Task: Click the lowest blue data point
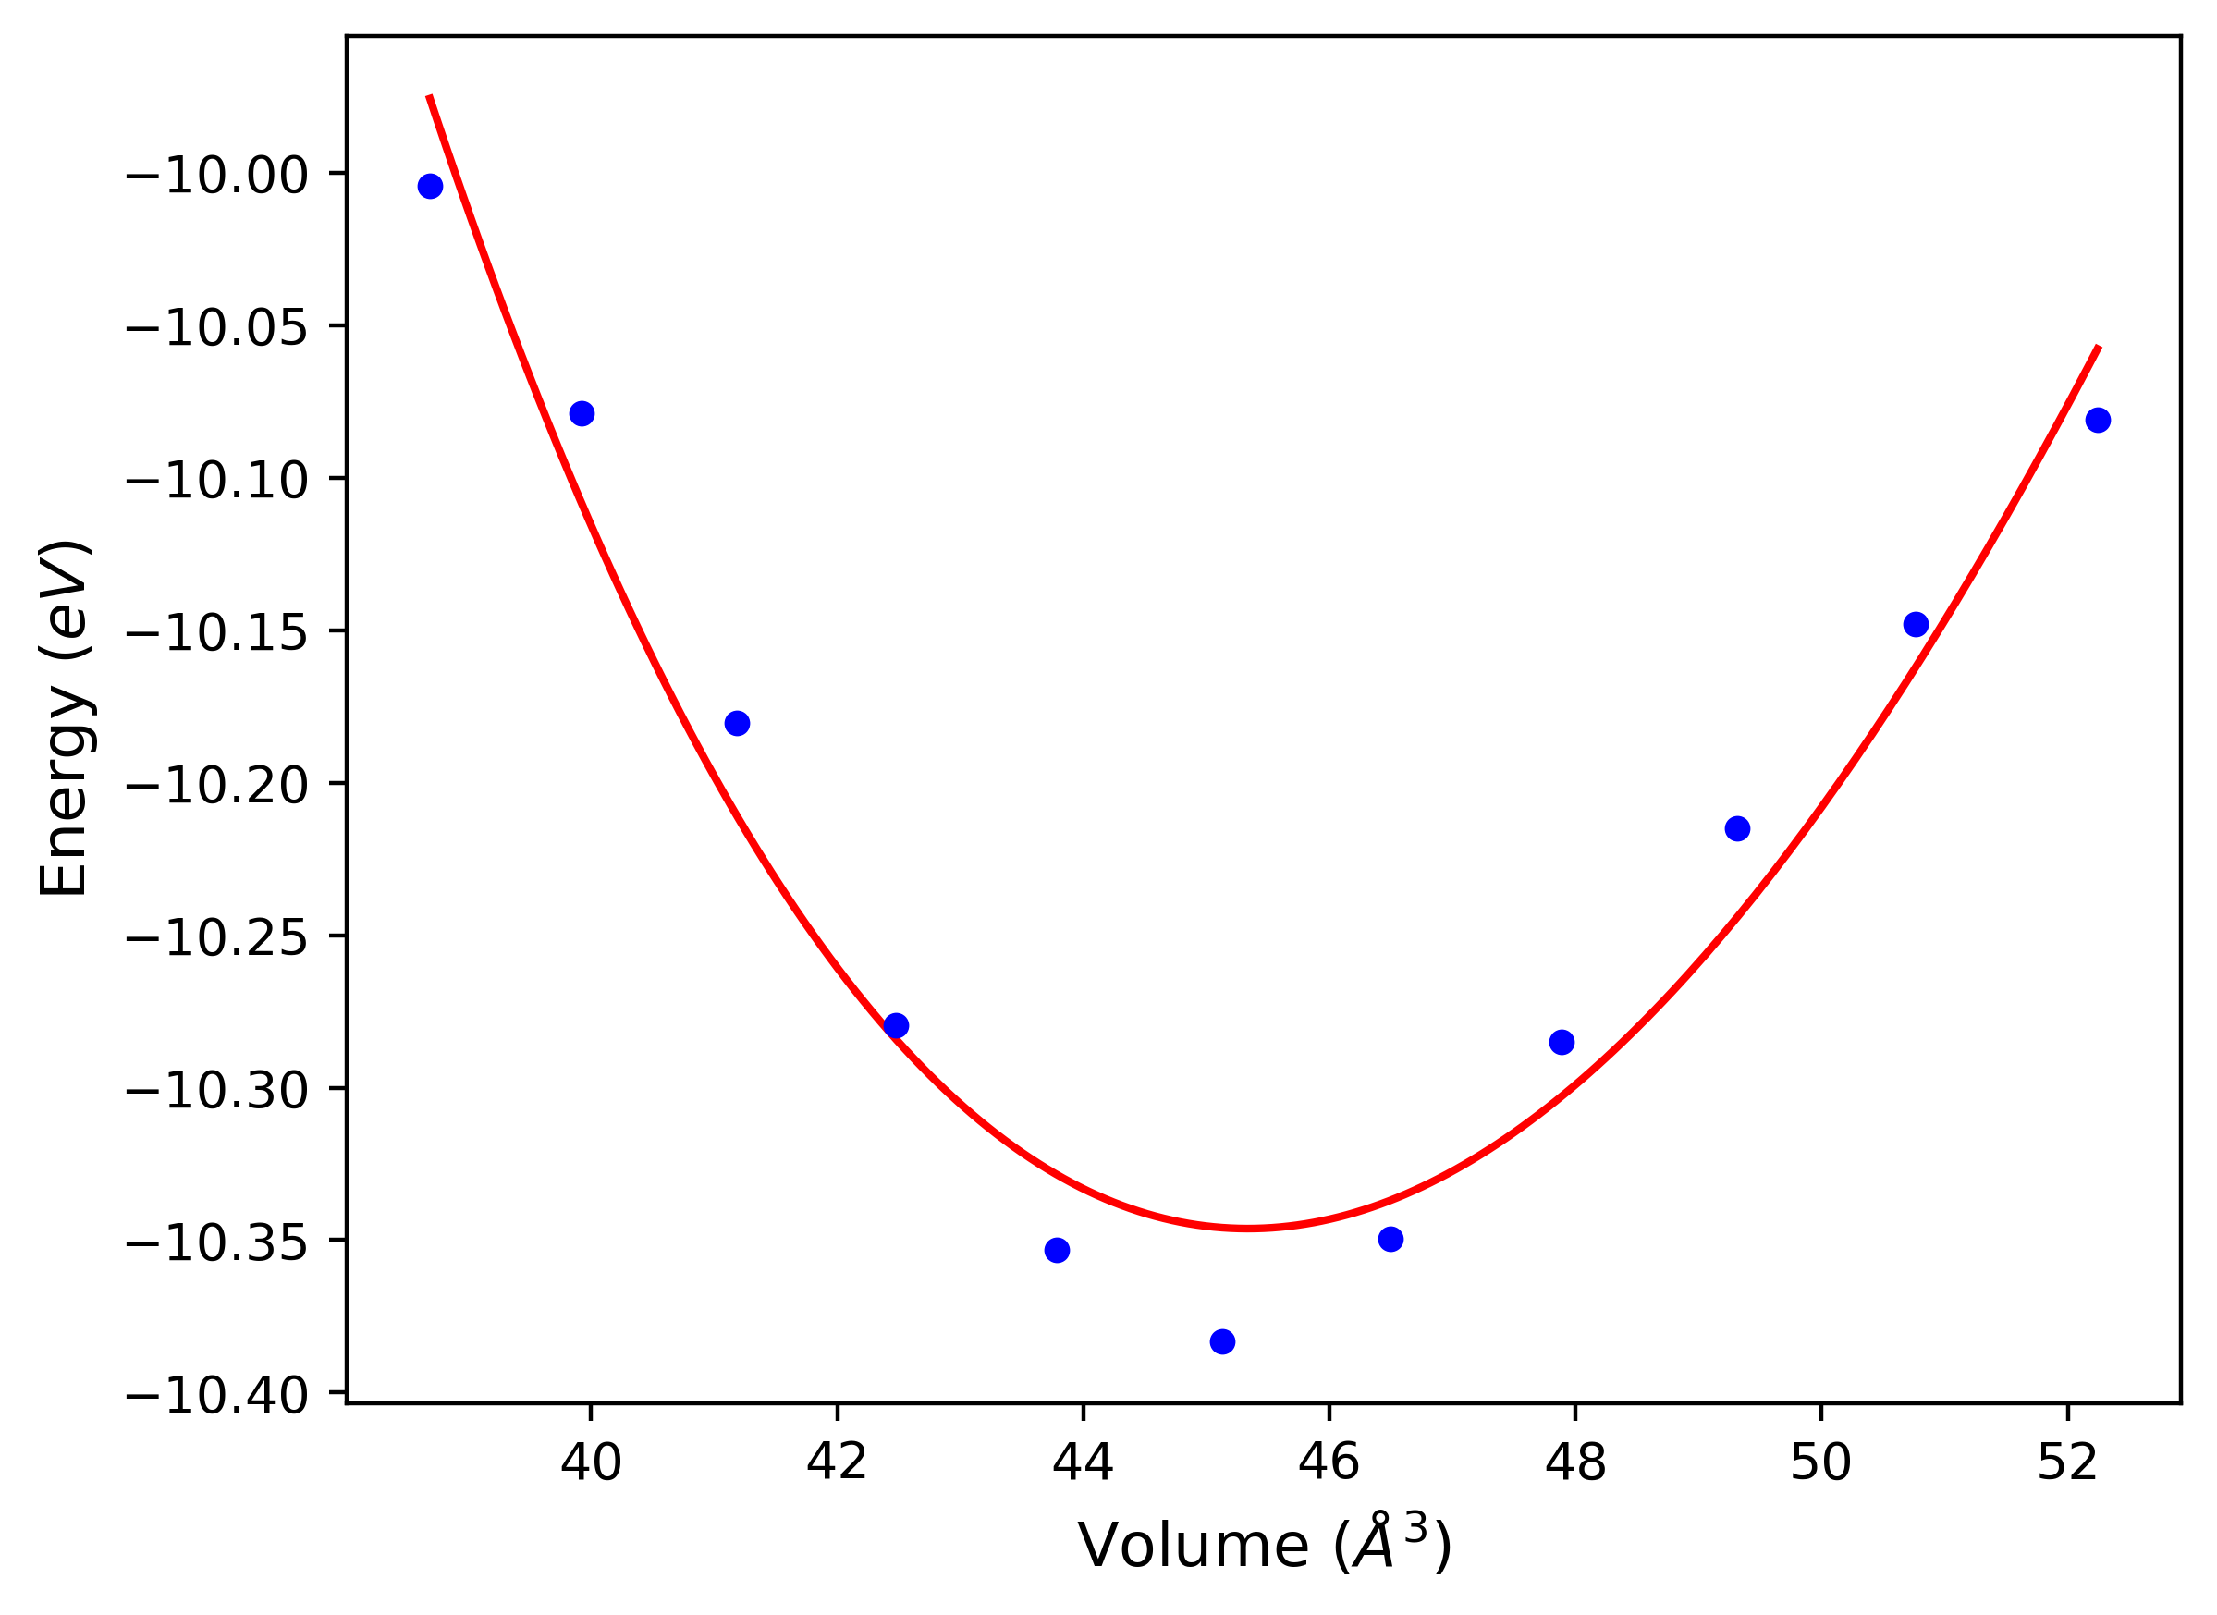[x=1222, y=1342]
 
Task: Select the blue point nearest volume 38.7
[x=430, y=187]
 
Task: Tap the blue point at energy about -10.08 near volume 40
[x=582, y=413]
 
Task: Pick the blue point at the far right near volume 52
[x=2098, y=421]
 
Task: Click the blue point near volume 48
[x=1562, y=1042]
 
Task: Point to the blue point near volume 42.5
[x=897, y=1025]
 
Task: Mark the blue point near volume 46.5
[x=1391, y=1240]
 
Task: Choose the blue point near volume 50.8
[x=1916, y=625]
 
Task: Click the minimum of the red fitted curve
[x=1247, y=1228]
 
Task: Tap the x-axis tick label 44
[x=1084, y=1490]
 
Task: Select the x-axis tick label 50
[x=1821, y=1490]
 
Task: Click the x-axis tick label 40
[x=591, y=1490]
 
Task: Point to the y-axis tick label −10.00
[x=217, y=176]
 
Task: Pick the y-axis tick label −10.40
[x=217, y=1396]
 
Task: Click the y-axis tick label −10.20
[x=217, y=785]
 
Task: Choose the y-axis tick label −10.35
[x=217, y=1243]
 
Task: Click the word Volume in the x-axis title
[x=1193, y=1548]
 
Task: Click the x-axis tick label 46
[x=1329, y=1490]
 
